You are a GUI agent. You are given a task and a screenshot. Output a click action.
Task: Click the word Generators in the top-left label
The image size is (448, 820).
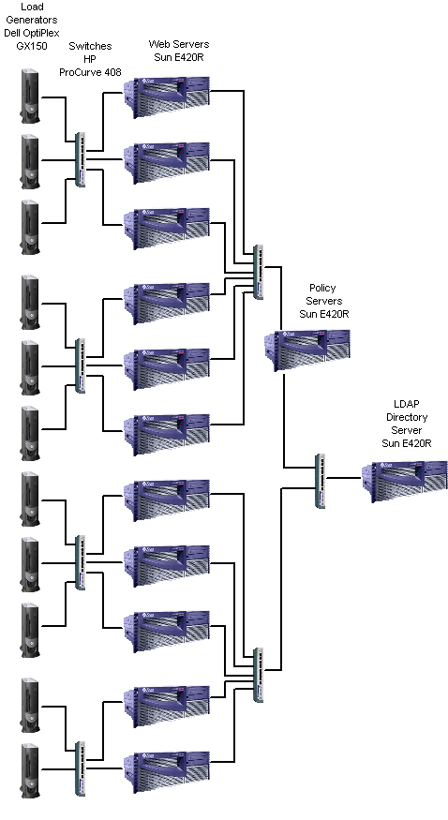(32, 21)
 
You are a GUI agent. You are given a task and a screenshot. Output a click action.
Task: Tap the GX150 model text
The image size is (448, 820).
(32, 46)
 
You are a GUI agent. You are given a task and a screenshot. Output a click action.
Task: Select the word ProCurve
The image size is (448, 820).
(80, 72)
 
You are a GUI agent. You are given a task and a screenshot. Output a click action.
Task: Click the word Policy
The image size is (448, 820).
(322, 288)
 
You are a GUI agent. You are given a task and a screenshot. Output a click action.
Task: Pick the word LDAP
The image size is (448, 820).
(407, 404)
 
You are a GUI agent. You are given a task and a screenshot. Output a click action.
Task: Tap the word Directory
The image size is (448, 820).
(407, 417)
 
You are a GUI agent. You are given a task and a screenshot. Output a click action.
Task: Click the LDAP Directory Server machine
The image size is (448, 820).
(405, 481)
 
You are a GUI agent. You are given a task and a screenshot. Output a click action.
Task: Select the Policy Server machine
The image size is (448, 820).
(306, 350)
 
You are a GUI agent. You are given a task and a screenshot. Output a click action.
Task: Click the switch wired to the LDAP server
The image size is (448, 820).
(321, 481)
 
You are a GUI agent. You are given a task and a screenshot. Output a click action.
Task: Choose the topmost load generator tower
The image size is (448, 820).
(30, 96)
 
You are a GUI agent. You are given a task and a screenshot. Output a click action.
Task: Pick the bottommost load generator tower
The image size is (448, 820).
(30, 771)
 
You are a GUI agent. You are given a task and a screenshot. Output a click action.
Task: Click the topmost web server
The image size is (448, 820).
(166, 97)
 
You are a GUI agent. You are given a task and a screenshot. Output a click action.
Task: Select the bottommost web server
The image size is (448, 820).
(166, 772)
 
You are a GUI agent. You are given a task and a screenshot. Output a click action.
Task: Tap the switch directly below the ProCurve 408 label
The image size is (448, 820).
(80, 159)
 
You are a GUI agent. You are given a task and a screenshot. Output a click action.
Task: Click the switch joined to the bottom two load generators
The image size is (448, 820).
(80, 768)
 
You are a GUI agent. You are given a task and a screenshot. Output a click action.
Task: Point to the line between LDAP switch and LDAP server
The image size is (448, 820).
(343, 477)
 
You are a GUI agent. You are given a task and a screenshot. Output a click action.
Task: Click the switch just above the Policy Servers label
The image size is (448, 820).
(259, 272)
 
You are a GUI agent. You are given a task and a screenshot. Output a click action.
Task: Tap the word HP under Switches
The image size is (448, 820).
(90, 59)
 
